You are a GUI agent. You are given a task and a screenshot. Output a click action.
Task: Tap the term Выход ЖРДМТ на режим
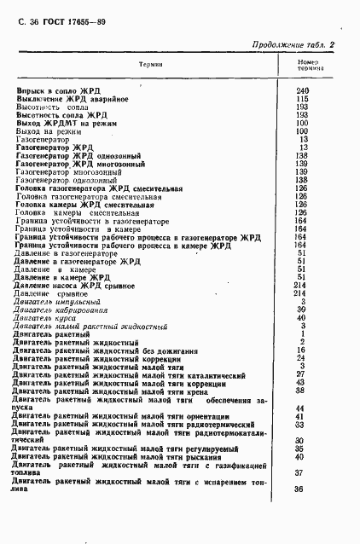(x=66, y=124)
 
